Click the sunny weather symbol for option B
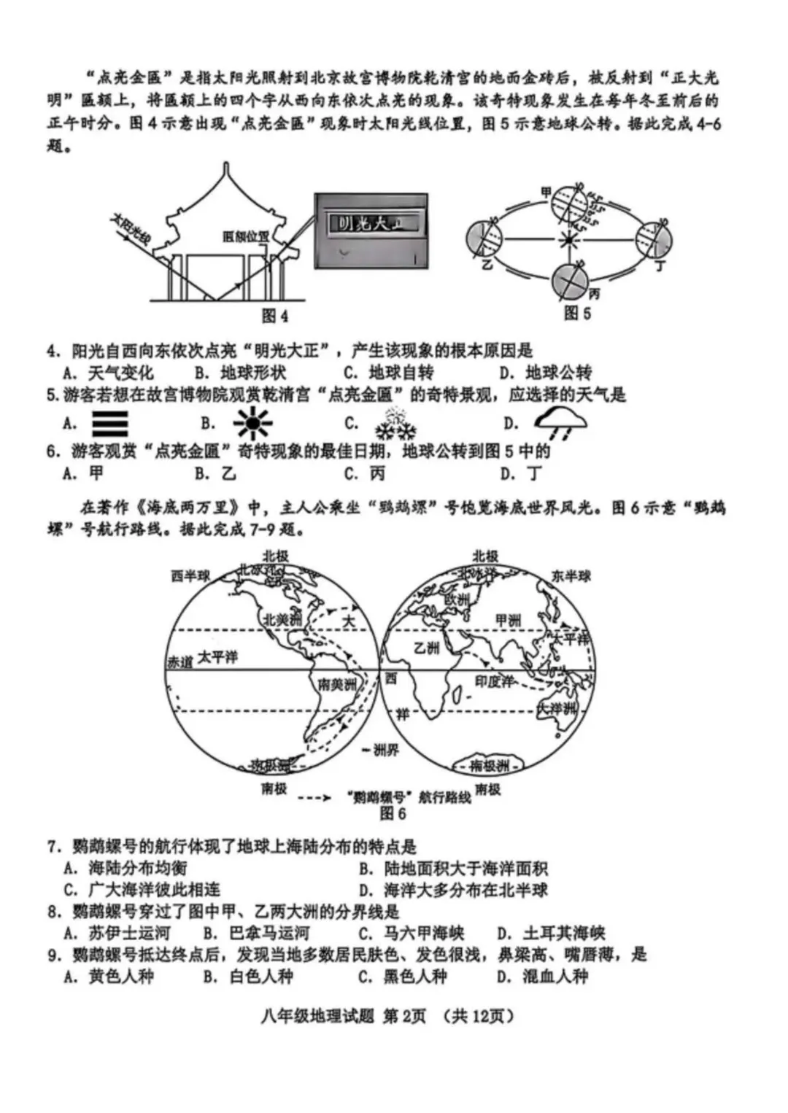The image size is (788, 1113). (253, 424)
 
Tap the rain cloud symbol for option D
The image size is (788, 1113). (560, 422)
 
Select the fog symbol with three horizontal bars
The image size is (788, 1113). (110, 424)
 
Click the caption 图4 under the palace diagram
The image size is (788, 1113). (274, 316)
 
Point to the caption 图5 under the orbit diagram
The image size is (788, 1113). (577, 314)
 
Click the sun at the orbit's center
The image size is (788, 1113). (567, 238)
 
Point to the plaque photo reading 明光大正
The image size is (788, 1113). (371, 230)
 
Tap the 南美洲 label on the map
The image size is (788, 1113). (337, 684)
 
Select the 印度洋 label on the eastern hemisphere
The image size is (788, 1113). (494, 681)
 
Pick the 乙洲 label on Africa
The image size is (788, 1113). (427, 648)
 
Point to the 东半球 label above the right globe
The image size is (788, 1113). (571, 576)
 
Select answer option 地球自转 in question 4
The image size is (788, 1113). (401, 373)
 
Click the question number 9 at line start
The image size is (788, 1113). (53, 955)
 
